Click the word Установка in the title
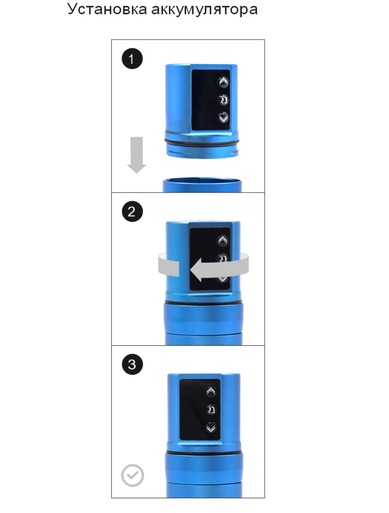[x=107, y=10]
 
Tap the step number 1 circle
[x=132, y=59]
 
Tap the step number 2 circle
[x=132, y=212]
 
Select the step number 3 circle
[x=132, y=364]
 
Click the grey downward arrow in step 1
[x=137, y=155]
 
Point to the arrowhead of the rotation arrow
[x=196, y=270]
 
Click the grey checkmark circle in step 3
[x=132, y=475]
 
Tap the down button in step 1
[x=223, y=117]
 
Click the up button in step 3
[x=211, y=391]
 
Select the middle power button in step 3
[x=211, y=410]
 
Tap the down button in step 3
[x=211, y=428]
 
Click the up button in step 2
[x=223, y=241]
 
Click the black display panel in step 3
[x=200, y=410]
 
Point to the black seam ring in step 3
[x=204, y=453]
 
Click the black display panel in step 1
[x=211, y=100]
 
